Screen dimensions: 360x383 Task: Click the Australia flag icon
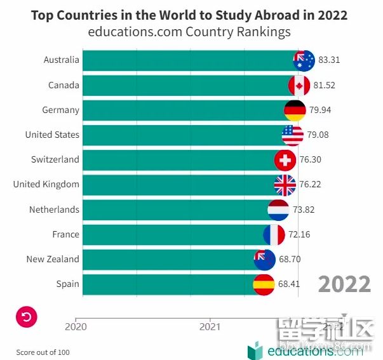(304, 60)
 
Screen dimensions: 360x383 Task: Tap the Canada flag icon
(299, 85)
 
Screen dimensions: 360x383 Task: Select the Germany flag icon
(295, 110)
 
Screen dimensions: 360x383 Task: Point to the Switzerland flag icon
(285, 160)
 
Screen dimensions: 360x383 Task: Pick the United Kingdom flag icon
(285, 185)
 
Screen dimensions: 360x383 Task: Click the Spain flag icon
(264, 284)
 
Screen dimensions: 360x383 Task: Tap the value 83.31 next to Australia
(329, 60)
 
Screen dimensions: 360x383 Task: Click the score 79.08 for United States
(318, 135)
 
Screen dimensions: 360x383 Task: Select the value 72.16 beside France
(299, 234)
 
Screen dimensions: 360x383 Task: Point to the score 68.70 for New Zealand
(289, 259)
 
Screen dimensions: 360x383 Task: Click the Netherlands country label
(54, 210)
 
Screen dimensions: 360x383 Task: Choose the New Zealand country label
(53, 259)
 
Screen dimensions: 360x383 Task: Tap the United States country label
(52, 135)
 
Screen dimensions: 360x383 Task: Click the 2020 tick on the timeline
(76, 320)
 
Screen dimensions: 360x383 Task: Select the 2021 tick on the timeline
(210, 320)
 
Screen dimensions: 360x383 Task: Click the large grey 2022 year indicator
(344, 284)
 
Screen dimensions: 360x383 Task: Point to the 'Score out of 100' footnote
(43, 352)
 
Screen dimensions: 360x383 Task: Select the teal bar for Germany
(184, 110)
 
